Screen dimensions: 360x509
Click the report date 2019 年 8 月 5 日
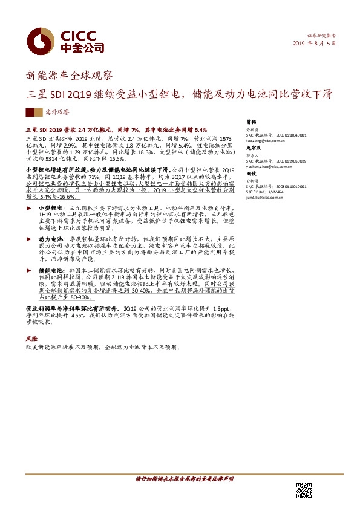pyautogui.click(x=314, y=44)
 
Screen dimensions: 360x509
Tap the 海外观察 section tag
pyautogui.click(x=57, y=112)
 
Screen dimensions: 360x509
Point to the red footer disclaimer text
pyautogui.click(x=184, y=479)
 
